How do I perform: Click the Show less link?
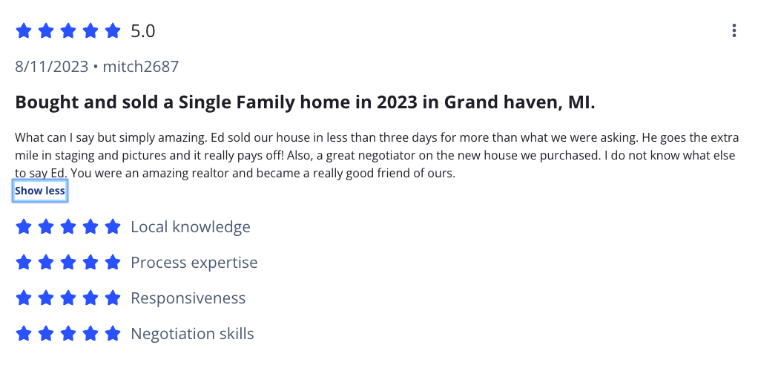[x=40, y=191]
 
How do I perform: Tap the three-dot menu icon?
[x=734, y=30]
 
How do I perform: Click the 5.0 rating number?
[x=143, y=31]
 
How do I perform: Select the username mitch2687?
[x=141, y=67]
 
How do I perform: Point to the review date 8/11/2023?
[x=52, y=67]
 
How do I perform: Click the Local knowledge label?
[x=191, y=227]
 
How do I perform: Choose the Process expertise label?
[x=194, y=263]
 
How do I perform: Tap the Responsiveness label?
[x=188, y=298]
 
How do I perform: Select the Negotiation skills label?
[x=192, y=334]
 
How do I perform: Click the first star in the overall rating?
[x=24, y=31]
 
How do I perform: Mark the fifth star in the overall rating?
[x=113, y=31]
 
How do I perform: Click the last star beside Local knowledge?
[x=113, y=227]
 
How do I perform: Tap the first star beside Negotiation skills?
[x=24, y=334]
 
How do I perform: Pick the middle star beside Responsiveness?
[x=68, y=298]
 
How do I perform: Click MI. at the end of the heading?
[x=580, y=102]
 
